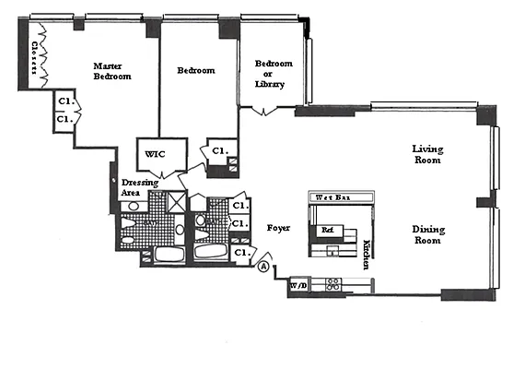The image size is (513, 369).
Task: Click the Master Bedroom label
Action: [112, 71]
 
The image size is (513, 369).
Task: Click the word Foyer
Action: [279, 226]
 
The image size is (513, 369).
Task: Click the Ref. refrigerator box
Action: [326, 230]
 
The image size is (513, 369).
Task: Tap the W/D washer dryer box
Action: [299, 286]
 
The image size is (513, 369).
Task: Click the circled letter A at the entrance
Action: [264, 267]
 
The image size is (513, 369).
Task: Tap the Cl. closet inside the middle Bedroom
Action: [219, 150]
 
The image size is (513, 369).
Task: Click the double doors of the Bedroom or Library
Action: [266, 112]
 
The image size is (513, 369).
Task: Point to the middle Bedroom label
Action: [195, 70]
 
